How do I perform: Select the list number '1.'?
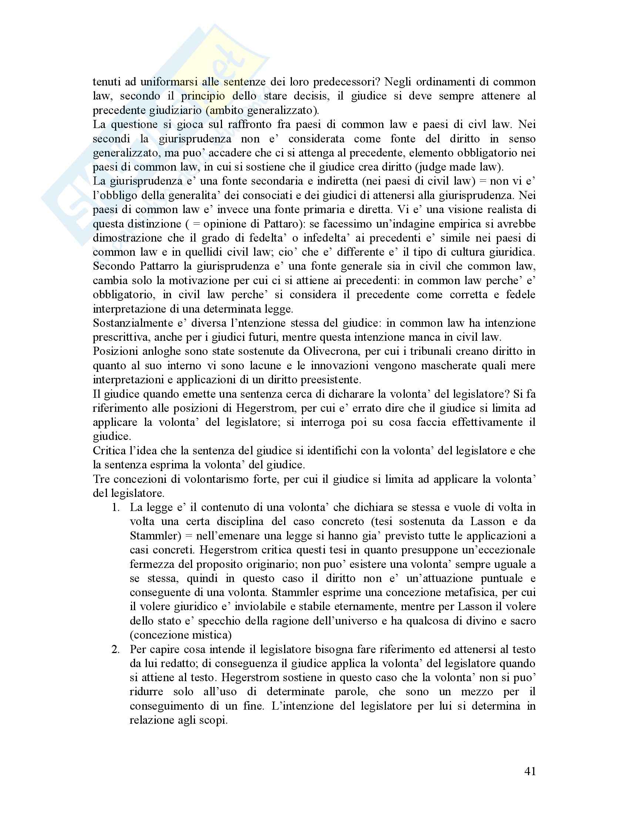click(x=115, y=507)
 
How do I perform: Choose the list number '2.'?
click(x=115, y=649)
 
